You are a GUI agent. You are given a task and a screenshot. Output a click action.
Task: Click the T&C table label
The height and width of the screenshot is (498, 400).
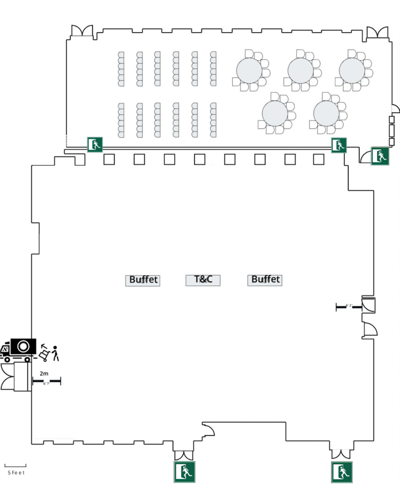coord(203,280)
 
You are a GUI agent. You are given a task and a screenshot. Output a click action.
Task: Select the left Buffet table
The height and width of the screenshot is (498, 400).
coord(143,280)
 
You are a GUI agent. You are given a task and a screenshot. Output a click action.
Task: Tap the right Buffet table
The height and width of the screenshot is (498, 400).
coord(265,280)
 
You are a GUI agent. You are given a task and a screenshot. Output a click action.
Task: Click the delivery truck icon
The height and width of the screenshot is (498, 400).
coord(19,350)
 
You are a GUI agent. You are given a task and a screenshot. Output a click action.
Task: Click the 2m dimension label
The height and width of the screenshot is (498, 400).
coord(44,373)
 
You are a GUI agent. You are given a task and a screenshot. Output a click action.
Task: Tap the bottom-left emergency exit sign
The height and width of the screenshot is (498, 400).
coord(184,472)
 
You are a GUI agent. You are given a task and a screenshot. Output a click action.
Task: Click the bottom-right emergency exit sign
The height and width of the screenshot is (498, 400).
coord(342,472)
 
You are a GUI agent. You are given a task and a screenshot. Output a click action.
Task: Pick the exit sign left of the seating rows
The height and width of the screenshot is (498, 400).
coord(95,144)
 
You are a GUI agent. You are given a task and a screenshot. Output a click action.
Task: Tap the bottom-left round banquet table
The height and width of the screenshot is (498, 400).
coord(275,113)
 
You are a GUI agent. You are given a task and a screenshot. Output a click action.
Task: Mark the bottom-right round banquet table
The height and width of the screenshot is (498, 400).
coord(326,113)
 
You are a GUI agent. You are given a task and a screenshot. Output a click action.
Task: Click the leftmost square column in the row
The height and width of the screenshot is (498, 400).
coord(109,159)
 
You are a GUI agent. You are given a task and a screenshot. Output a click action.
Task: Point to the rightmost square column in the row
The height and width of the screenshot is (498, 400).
coord(319,159)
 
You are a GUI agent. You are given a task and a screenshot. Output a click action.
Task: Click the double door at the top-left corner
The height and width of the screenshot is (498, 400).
coord(81,31)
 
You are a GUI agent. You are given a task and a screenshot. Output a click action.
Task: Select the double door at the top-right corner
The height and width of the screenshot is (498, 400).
coord(377,32)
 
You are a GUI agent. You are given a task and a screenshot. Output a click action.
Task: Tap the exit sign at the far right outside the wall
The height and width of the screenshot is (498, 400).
coord(380,156)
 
